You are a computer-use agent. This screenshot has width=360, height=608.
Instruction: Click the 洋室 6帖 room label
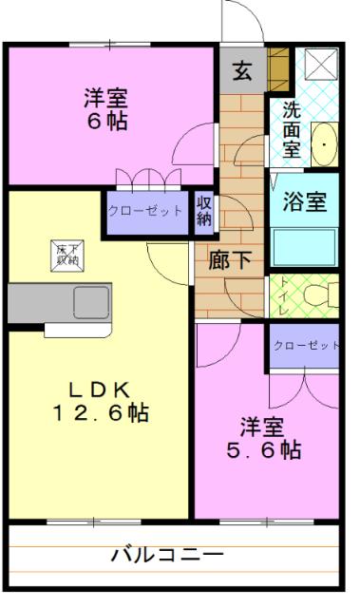[105, 109]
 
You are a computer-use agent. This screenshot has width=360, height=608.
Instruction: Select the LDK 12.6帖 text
[99, 402]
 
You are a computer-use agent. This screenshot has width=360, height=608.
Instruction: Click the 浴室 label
[306, 202]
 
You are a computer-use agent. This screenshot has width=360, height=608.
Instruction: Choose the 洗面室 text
[292, 128]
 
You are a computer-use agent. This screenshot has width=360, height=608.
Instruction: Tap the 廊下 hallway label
[230, 260]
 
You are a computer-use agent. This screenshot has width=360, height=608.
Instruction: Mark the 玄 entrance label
[242, 70]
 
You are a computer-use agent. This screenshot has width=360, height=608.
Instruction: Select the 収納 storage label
[204, 211]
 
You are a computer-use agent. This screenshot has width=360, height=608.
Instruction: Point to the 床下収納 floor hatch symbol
[66, 254]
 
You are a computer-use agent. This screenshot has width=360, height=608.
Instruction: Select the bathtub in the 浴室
[305, 246]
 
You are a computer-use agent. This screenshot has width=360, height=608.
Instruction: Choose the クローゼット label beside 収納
[145, 211]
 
